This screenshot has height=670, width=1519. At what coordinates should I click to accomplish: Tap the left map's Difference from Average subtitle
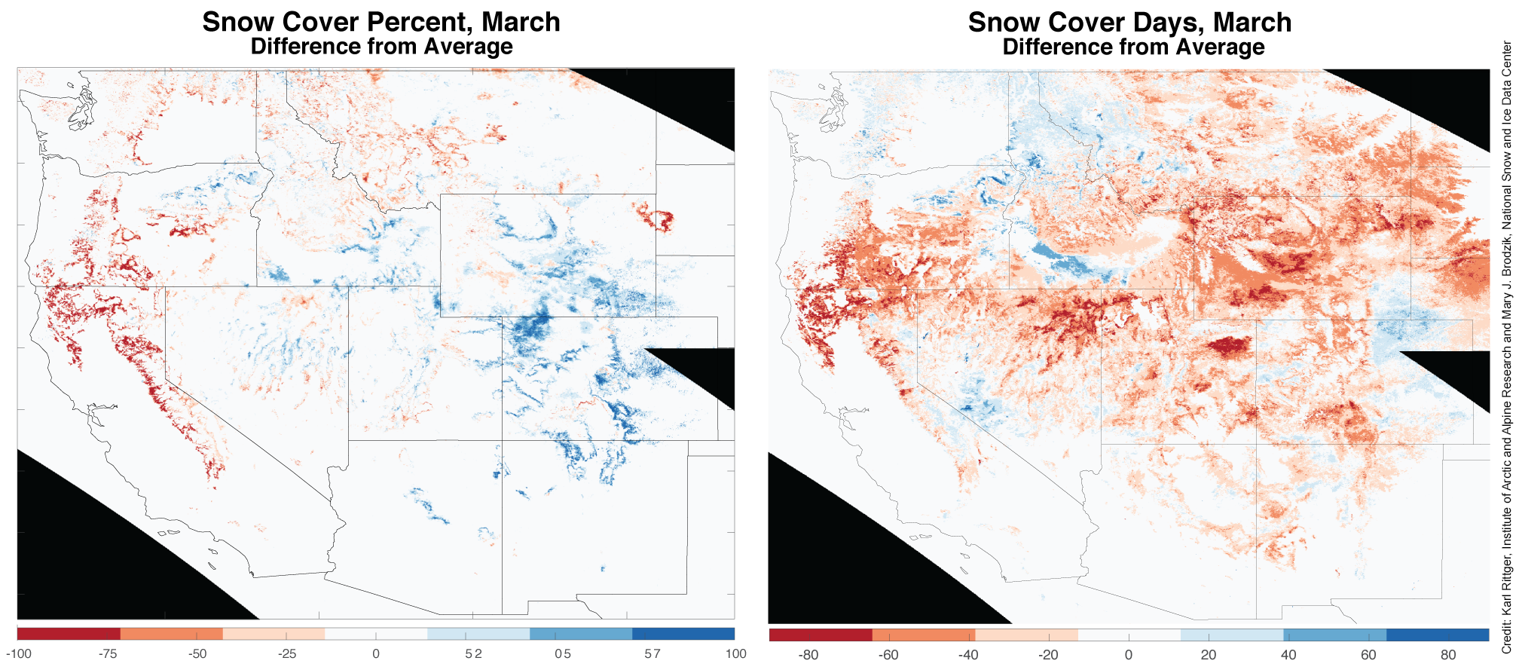tap(381, 47)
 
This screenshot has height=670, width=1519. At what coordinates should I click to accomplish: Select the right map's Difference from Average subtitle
tap(1133, 47)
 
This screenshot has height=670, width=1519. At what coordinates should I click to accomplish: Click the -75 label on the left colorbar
tap(108, 653)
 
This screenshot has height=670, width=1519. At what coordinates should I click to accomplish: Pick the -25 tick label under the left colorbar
tap(287, 653)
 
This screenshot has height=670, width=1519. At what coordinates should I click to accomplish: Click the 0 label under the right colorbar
tap(1128, 654)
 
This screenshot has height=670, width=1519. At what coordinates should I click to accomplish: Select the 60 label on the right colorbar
tap(1368, 654)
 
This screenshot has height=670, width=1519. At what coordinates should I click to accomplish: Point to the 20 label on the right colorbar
tap(1209, 654)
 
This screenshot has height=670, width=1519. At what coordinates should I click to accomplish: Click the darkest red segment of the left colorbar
tap(69, 634)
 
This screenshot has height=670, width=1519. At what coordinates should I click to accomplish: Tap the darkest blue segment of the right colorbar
tap(1438, 635)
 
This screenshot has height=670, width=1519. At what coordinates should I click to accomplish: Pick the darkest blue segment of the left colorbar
tap(683, 634)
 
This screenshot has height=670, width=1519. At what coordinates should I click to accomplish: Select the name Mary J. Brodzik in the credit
tap(1506, 286)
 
